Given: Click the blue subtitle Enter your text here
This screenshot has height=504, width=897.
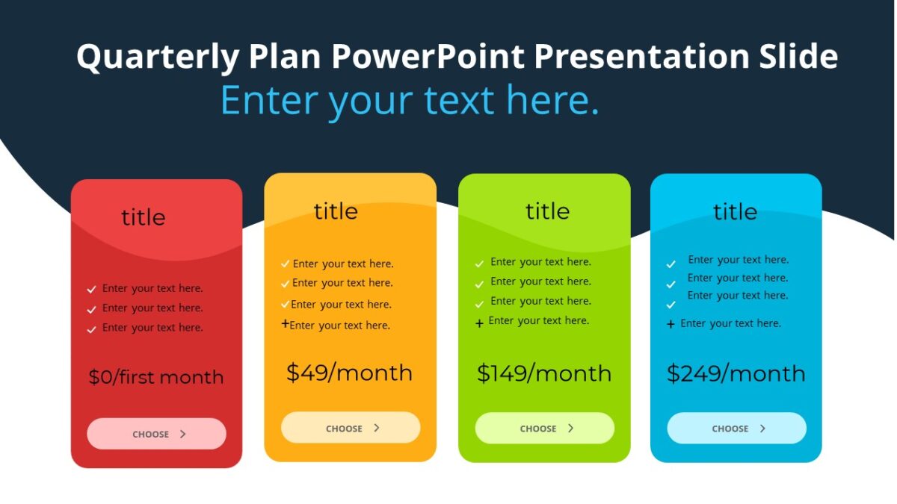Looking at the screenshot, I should click(410, 100).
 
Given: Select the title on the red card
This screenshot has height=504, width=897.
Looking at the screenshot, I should click(143, 217).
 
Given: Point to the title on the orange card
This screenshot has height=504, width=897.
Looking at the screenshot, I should click(336, 211).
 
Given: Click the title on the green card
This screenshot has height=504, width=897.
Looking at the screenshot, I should click(547, 211).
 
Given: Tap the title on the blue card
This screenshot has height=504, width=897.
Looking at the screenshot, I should click(735, 212).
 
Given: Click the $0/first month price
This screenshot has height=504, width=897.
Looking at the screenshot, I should click(156, 377).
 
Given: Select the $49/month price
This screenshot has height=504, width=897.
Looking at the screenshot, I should click(349, 373).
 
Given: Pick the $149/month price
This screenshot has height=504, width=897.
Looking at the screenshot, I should click(544, 373).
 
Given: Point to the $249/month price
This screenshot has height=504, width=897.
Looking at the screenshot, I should click(736, 373).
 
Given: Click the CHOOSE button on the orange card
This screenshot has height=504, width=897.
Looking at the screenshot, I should click(351, 428).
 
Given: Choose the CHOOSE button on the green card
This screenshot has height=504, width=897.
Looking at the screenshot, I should click(544, 429).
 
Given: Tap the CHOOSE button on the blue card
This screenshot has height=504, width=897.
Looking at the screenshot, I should click(736, 429).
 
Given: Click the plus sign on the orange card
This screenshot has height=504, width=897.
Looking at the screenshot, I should click(285, 324).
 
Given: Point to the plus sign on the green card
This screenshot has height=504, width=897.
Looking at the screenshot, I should click(479, 323).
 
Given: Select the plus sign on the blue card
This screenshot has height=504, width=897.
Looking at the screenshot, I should click(671, 324).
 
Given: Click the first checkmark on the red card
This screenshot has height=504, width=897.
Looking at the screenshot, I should click(91, 289).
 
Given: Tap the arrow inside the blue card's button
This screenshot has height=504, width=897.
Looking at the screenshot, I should click(762, 429).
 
